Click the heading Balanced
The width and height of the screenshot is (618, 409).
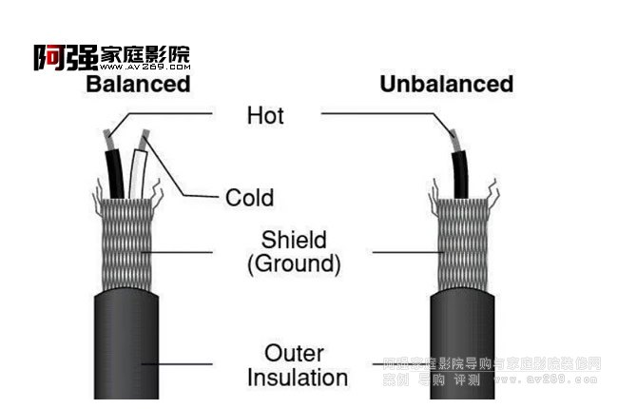pyautogui.click(x=138, y=85)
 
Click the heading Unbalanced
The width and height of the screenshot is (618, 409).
pyautogui.click(x=446, y=85)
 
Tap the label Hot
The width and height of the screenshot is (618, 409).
pyautogui.click(x=265, y=116)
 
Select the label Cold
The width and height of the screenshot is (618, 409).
pyautogui.click(x=249, y=198)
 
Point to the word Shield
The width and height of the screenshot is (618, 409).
pyautogui.click(x=294, y=240)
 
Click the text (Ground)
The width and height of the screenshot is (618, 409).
pyautogui.click(x=294, y=264)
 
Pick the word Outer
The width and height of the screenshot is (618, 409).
pyautogui.click(x=294, y=353)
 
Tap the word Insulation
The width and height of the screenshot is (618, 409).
pyautogui.click(x=297, y=378)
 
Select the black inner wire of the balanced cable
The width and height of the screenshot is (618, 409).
pyautogui.click(x=117, y=171)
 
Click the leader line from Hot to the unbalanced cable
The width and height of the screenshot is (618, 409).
pyautogui.click(x=380, y=113)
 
